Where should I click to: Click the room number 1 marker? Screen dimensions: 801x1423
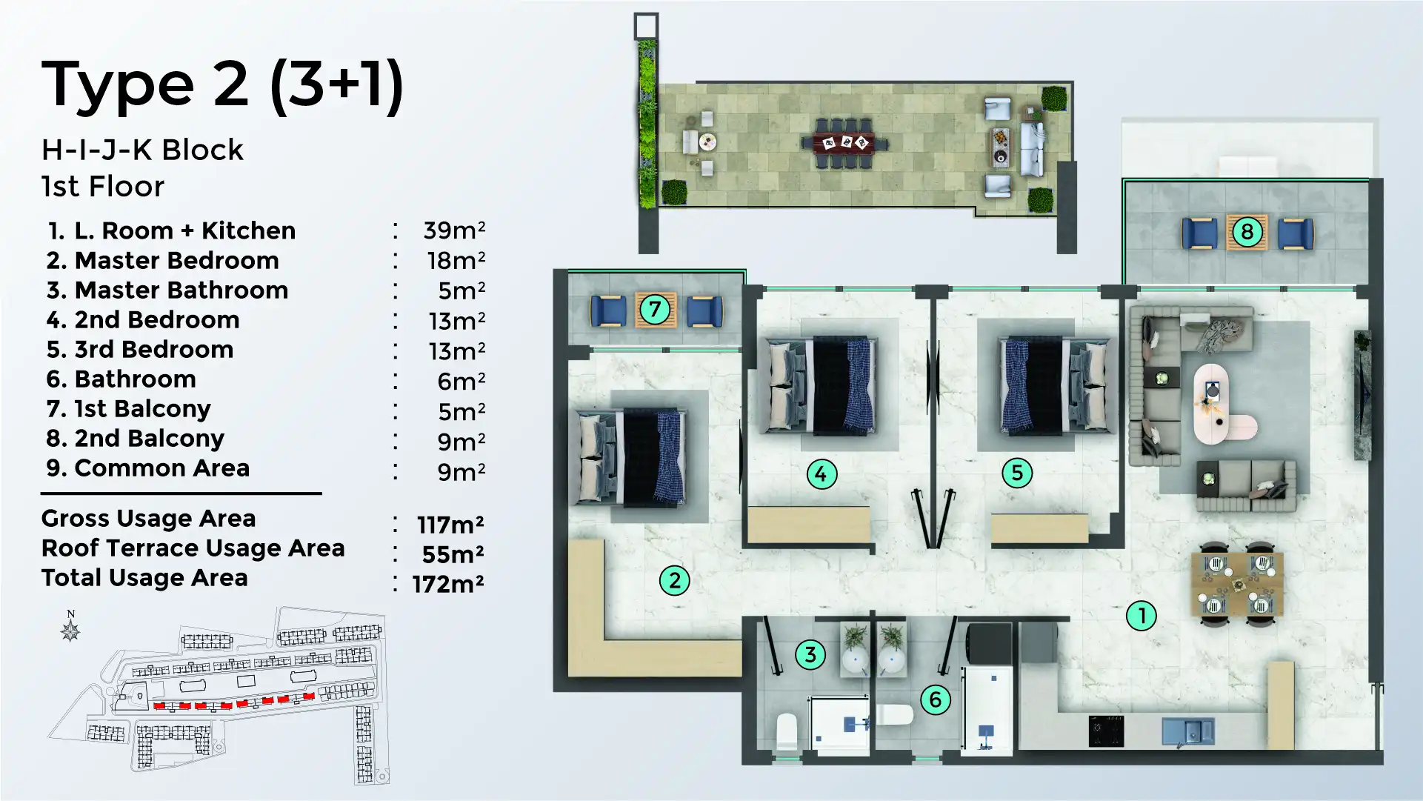point(1141,615)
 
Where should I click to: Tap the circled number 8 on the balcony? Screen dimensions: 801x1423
point(1247,232)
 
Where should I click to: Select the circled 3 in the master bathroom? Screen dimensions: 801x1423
point(810,654)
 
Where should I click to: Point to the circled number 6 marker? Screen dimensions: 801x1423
point(935,699)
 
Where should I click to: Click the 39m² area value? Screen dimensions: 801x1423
point(453,230)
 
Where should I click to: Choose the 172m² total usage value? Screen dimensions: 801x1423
point(448,584)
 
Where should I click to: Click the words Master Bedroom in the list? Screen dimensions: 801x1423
point(176,260)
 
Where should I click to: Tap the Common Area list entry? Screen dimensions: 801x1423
point(161,468)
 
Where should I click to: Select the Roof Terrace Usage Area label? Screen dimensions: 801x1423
point(193,548)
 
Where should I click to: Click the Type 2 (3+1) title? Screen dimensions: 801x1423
point(222,84)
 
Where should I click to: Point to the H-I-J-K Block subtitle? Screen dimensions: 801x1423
point(142,150)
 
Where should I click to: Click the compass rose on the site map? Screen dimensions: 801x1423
point(70,629)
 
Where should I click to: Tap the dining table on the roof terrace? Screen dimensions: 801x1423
point(844,142)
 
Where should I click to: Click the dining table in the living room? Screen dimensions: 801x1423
point(1238,585)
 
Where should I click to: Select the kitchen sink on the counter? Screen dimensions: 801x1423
point(1187,731)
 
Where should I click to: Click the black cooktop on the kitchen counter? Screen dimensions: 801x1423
point(1106,731)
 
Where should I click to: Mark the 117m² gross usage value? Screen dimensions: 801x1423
point(450,525)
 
